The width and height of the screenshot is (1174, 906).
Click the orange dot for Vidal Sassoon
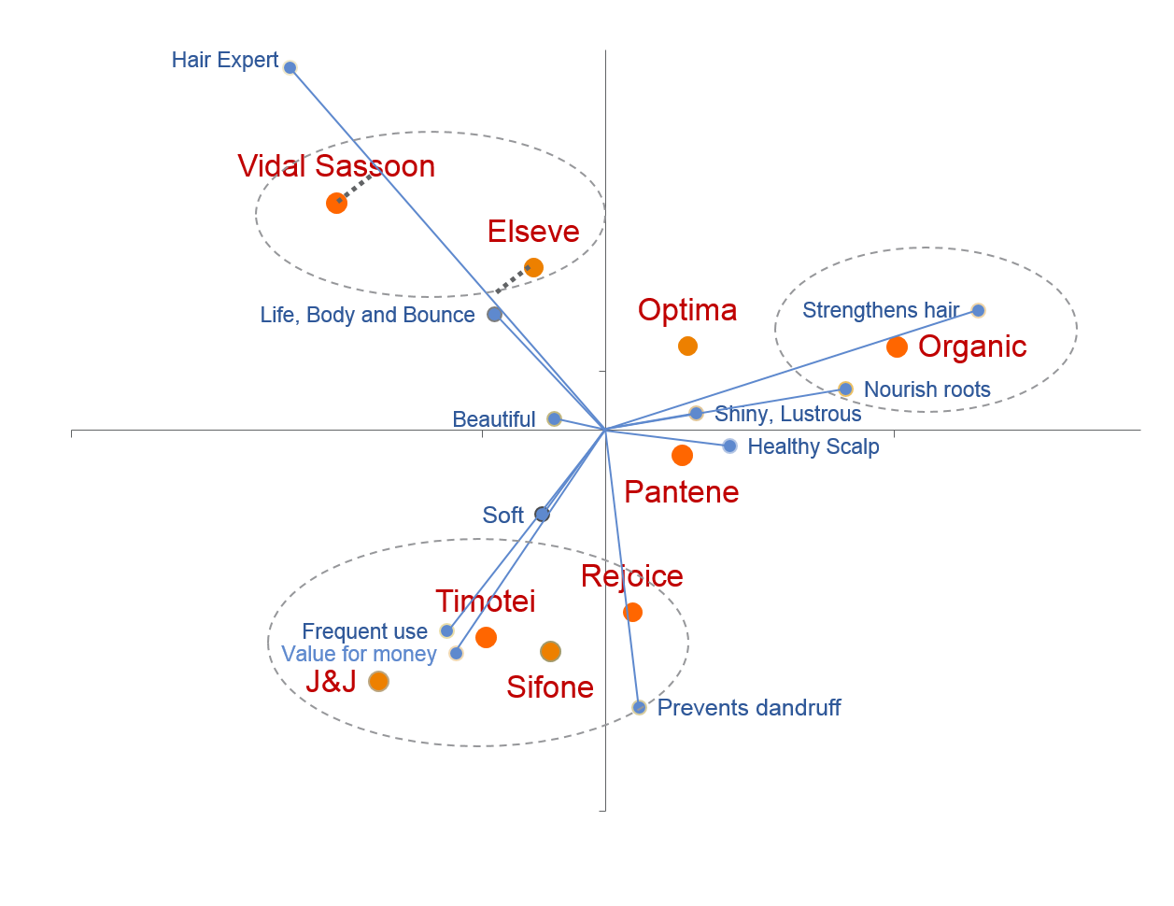click(x=337, y=203)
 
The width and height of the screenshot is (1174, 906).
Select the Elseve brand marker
click(x=533, y=267)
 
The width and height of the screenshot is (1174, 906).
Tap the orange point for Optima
click(x=687, y=346)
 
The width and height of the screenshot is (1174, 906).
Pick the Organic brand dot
click(x=897, y=347)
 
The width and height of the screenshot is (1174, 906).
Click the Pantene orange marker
click(x=682, y=455)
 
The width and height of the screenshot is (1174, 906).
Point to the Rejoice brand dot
click(x=632, y=612)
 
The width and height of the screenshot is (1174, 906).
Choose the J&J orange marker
click(x=378, y=682)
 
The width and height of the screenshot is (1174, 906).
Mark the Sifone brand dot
click(x=550, y=651)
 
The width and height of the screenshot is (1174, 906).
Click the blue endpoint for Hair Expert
click(x=290, y=67)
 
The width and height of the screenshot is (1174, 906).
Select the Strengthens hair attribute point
click(x=978, y=310)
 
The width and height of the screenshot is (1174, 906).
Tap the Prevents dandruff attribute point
click(x=639, y=707)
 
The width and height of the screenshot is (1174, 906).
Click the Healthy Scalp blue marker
click(x=729, y=446)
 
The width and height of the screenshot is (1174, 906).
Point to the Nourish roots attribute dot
click(x=845, y=389)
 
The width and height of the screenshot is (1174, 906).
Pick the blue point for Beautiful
click(x=554, y=418)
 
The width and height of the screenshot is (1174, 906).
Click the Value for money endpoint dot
click(x=456, y=653)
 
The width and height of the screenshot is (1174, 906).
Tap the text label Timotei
click(x=485, y=602)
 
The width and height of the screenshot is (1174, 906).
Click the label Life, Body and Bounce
click(x=367, y=316)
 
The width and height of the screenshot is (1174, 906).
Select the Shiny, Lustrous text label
click(x=787, y=414)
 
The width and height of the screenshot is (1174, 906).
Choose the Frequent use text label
click(x=364, y=632)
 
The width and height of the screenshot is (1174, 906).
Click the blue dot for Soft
click(x=542, y=514)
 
